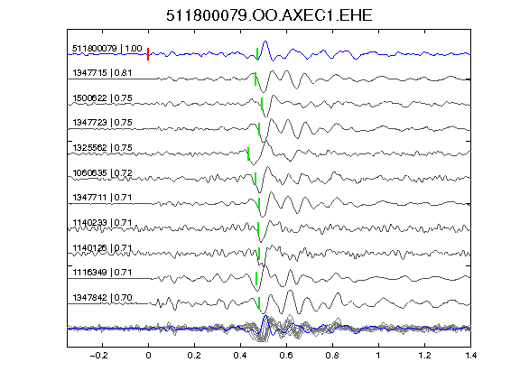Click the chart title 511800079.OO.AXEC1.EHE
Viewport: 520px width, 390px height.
coord(269,15)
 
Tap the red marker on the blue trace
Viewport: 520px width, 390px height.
coord(148,54)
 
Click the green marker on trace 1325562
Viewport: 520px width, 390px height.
coord(248,153)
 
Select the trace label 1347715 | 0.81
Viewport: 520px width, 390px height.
coord(102,72)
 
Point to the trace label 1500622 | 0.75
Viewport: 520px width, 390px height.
coord(102,98)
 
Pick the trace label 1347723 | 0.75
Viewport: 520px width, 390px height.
coord(102,123)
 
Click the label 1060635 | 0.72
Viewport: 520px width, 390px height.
coord(102,172)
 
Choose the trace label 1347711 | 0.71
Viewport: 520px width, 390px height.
coord(102,198)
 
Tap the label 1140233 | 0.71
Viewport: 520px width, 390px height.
coord(102,222)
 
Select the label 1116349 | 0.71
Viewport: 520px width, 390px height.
coord(102,273)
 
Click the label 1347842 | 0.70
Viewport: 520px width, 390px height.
coord(102,298)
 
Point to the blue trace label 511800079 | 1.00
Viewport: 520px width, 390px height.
coord(107,49)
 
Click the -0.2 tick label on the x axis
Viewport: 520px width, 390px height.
coord(99,356)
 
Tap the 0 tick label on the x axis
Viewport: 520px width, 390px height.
coord(148,356)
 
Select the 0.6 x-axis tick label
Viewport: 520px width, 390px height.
coord(286,356)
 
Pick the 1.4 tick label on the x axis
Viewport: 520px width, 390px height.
coord(470,356)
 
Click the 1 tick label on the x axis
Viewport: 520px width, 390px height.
coord(378,356)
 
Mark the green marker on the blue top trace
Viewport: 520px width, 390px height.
coord(257,54)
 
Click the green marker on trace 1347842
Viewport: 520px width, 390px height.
coord(259,303)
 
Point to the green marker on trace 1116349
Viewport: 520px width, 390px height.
coord(256,278)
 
